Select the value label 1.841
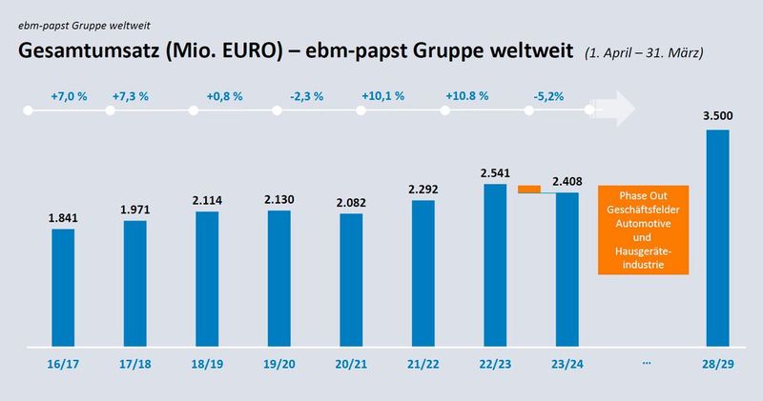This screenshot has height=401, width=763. point(63,217)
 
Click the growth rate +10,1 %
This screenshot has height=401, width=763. point(383,96)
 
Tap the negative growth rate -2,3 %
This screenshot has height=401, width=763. point(306,96)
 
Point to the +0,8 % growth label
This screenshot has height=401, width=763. point(224,96)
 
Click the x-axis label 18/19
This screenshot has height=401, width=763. point(206,363)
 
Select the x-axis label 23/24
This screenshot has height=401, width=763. point(567,363)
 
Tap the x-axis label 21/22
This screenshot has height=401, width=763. point(423,363)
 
